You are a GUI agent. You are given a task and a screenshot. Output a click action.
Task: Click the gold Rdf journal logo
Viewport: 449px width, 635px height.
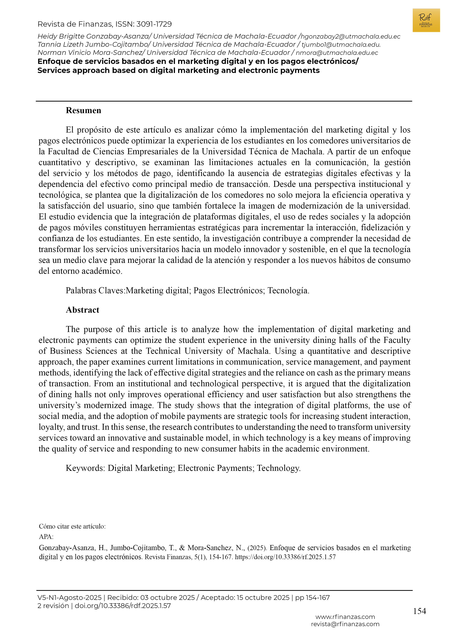[x=426, y=20]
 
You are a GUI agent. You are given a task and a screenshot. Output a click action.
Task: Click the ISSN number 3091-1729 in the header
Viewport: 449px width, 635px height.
[x=154, y=24]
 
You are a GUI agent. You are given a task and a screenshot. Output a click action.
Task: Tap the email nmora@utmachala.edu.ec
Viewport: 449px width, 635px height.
[x=337, y=53]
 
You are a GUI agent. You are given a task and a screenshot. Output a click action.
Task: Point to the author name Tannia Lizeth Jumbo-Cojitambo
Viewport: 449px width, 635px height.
[x=93, y=45]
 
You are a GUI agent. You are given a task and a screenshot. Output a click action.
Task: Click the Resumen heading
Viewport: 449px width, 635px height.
[x=83, y=110]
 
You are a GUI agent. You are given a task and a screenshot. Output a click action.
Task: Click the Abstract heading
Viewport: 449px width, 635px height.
[x=82, y=310]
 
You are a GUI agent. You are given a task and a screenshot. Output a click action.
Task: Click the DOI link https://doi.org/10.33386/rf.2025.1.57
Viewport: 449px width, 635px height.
[x=285, y=557]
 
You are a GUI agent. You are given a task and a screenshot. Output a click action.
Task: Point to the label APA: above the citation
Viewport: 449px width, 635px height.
[x=46, y=537]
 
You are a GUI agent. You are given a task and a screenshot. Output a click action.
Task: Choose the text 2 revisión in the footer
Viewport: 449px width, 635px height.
[x=53, y=606]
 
